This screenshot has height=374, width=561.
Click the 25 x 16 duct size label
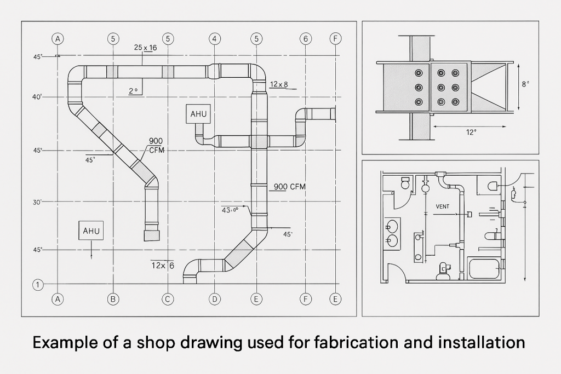145,48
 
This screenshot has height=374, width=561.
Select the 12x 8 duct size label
279,84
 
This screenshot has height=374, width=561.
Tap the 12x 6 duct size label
163,266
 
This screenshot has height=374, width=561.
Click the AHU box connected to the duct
199,114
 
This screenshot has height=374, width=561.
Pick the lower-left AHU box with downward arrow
91,231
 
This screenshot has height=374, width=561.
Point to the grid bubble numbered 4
215,38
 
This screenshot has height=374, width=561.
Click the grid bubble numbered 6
306,38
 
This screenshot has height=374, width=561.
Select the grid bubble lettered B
113,299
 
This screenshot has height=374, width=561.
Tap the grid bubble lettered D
215,299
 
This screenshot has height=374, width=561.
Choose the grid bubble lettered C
168,299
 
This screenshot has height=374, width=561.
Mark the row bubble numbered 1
38,285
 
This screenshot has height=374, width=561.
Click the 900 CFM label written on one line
289,187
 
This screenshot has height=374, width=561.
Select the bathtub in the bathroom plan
484,269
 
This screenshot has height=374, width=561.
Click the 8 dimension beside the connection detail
525,84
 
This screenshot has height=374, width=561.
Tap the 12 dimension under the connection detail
471,133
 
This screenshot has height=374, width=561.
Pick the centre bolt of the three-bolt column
419,87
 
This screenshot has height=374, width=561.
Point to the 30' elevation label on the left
37,202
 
